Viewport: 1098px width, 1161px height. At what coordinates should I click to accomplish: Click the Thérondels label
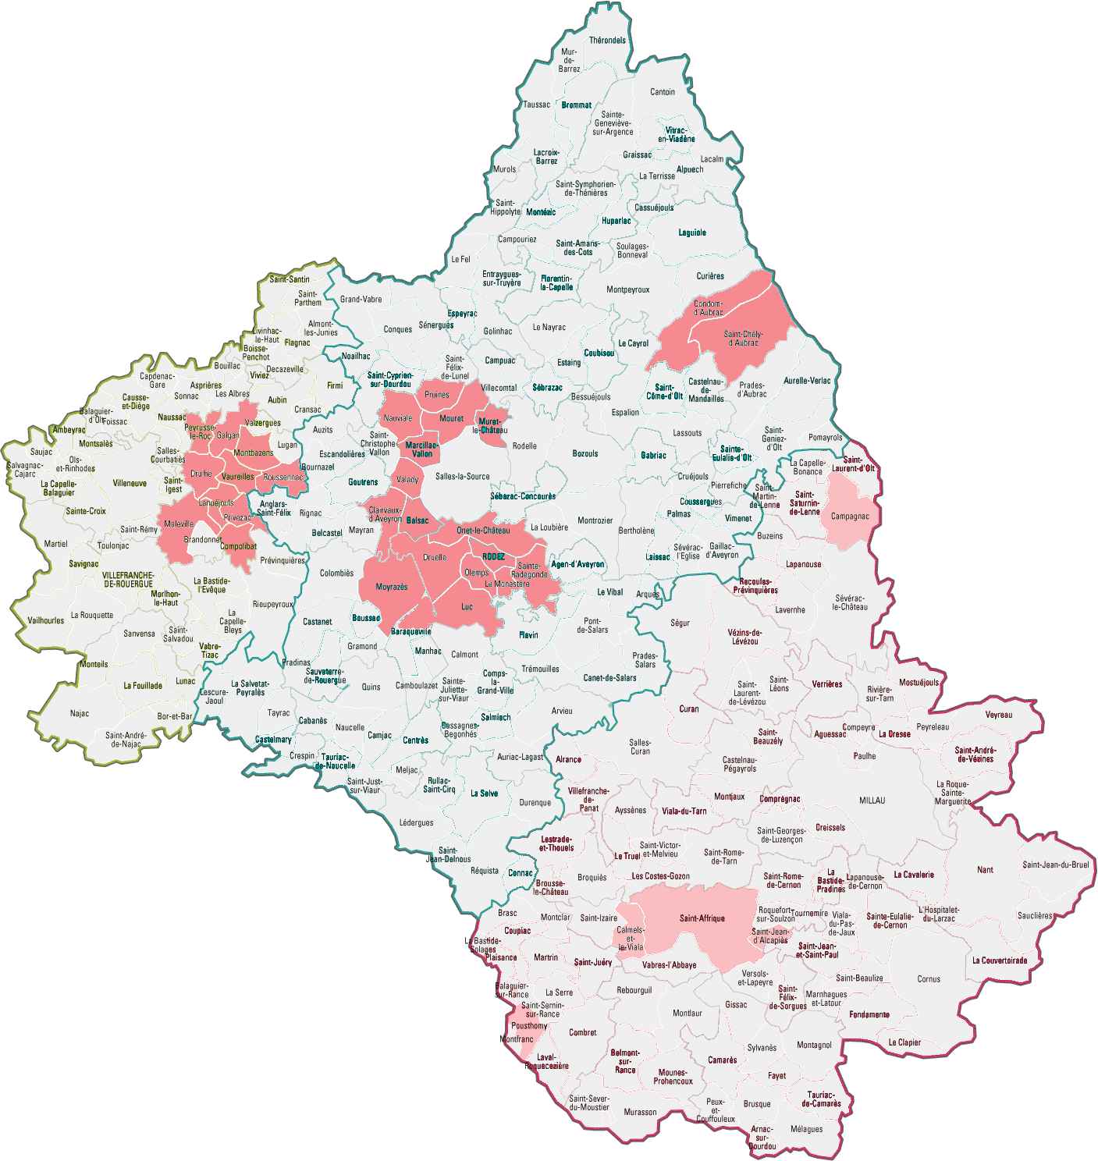click(607, 41)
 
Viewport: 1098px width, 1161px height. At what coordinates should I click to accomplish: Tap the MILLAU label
click(872, 801)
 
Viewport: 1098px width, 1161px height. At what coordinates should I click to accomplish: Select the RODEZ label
click(494, 556)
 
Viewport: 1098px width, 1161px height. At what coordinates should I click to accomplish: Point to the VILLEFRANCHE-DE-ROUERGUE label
click(129, 579)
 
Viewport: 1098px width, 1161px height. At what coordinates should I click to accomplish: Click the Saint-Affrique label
click(702, 918)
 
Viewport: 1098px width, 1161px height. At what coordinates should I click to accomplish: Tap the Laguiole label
click(692, 233)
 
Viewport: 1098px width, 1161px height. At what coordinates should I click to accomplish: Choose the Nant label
click(985, 869)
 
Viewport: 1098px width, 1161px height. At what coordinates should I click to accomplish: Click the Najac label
click(80, 713)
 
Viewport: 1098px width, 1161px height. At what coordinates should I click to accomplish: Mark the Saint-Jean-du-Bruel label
click(1055, 865)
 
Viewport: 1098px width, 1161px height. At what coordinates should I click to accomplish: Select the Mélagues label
click(806, 1129)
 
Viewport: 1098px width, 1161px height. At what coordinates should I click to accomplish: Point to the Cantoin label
click(663, 92)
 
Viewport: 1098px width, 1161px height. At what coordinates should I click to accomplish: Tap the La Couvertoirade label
click(1000, 960)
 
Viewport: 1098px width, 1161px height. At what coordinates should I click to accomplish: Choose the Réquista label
click(485, 871)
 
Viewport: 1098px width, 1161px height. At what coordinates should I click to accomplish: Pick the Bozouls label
click(585, 453)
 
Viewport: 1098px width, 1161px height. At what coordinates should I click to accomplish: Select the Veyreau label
click(999, 714)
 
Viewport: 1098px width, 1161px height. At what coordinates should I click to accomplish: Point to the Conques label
click(398, 329)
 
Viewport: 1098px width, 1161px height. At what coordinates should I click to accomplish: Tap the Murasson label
click(641, 1112)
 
